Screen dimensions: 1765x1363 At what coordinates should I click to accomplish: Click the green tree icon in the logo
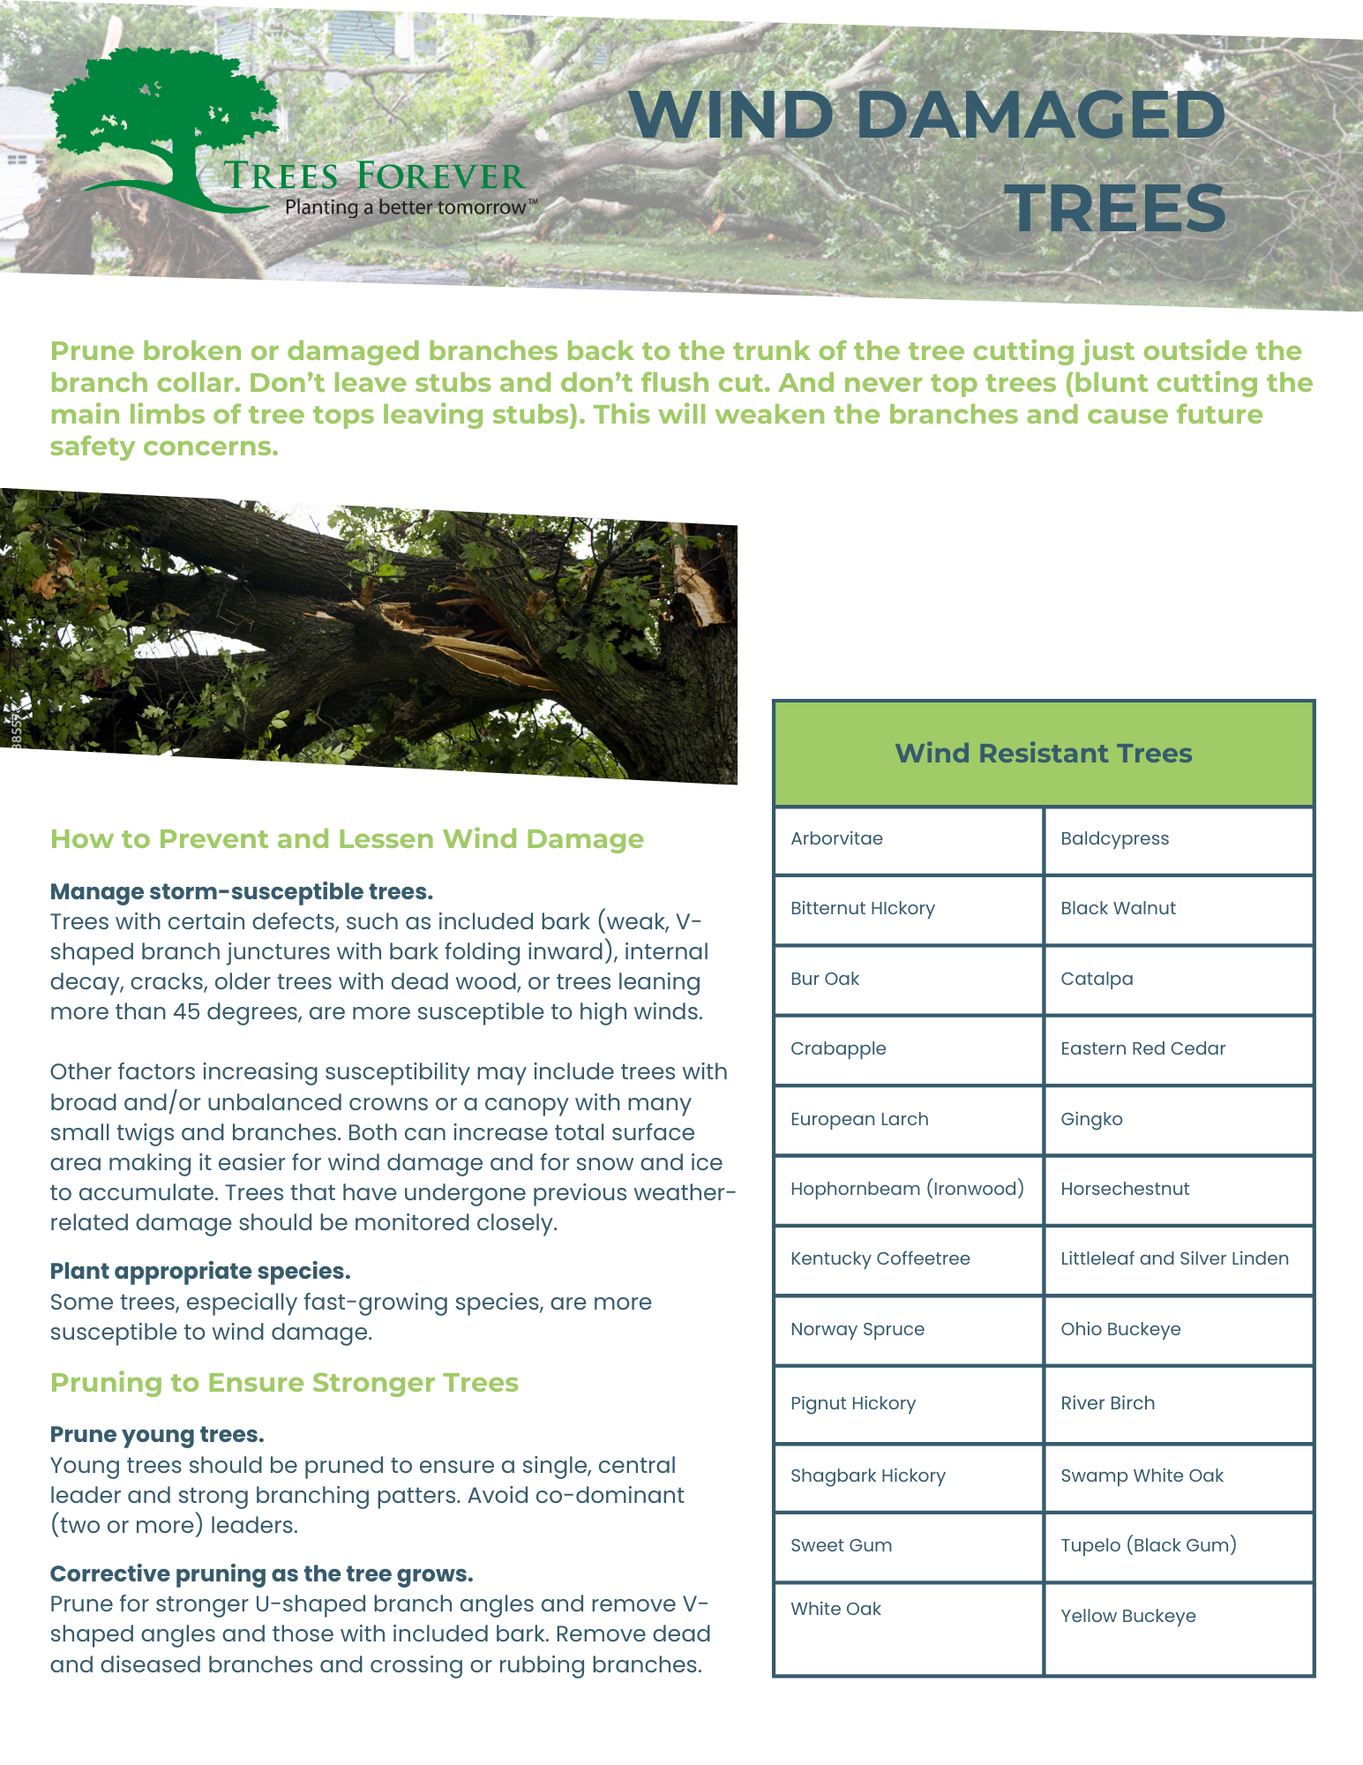point(163,124)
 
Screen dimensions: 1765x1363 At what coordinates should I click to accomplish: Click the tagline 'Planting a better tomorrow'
point(406,207)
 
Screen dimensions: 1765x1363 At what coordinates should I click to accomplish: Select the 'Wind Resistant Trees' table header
point(1044,753)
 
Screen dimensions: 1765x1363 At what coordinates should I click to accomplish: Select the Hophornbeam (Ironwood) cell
point(907,1189)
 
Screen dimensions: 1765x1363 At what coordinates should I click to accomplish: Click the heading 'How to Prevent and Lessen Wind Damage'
point(347,838)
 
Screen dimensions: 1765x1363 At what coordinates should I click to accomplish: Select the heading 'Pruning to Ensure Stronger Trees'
point(284,1382)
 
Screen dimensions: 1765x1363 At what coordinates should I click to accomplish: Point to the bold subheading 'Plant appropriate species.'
point(200,1271)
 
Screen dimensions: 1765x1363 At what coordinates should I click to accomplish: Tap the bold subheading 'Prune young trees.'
point(157,1434)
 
